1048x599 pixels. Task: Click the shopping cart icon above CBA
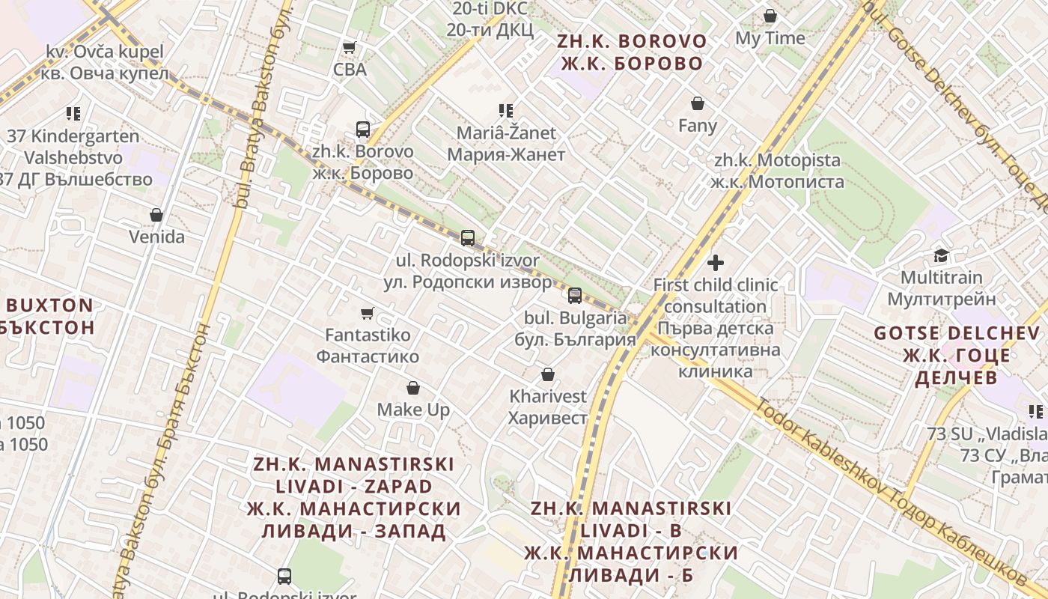pyautogui.click(x=349, y=48)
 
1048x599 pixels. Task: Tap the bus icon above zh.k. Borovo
pyautogui.click(x=363, y=130)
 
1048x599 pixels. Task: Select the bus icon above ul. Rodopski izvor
pyautogui.click(x=468, y=238)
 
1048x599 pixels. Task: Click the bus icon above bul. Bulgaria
pyautogui.click(x=575, y=295)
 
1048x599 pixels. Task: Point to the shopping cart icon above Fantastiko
pyautogui.click(x=367, y=313)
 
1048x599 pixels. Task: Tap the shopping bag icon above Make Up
pyautogui.click(x=413, y=388)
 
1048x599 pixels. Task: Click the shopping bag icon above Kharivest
pyautogui.click(x=548, y=374)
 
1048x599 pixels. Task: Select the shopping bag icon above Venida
pyautogui.click(x=156, y=216)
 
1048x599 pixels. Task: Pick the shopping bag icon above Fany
pyautogui.click(x=698, y=103)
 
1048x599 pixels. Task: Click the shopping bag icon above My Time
pyautogui.click(x=770, y=16)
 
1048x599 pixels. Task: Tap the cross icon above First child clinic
pyautogui.click(x=716, y=263)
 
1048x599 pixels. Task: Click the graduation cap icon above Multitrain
pyautogui.click(x=941, y=256)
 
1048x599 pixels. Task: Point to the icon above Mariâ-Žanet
pyautogui.click(x=506, y=111)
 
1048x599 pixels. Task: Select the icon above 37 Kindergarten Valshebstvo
pyautogui.click(x=73, y=114)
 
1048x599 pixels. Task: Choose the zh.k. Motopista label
pyautogui.click(x=777, y=171)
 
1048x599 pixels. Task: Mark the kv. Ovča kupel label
pyautogui.click(x=104, y=62)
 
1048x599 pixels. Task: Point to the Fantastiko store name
pyautogui.click(x=368, y=345)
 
